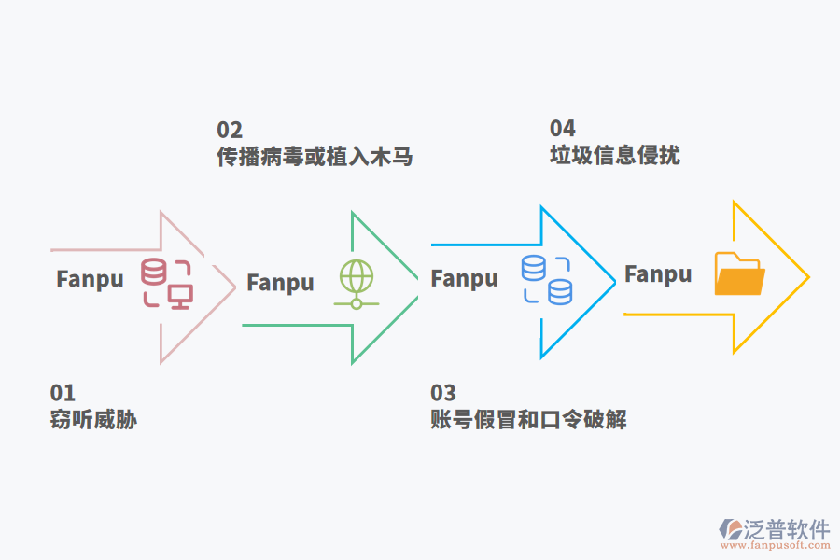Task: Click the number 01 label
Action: [63, 393]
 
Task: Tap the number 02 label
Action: [230, 130]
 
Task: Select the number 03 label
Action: [443, 393]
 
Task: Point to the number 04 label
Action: [562, 129]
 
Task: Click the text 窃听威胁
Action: [93, 420]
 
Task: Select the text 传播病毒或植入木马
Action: [315, 156]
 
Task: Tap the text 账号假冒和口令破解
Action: [528, 420]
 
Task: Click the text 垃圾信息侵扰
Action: [614, 155]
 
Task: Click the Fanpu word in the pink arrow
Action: [90, 280]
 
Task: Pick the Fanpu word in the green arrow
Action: [280, 283]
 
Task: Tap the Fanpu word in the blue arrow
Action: [464, 278]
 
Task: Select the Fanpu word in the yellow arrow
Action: [658, 274]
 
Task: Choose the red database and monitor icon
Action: [166, 284]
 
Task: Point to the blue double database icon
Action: [546, 279]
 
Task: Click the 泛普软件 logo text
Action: [788, 529]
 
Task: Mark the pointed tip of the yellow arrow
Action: [807, 277]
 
